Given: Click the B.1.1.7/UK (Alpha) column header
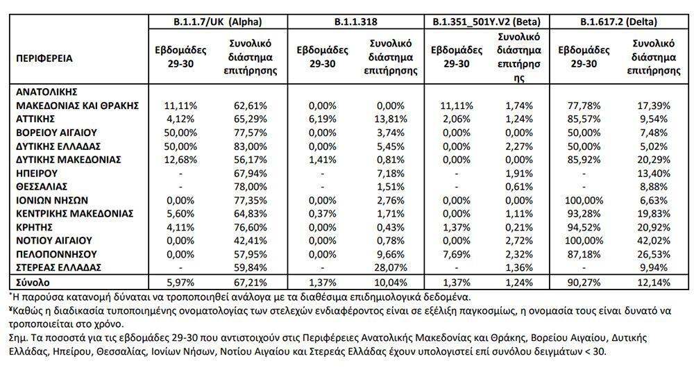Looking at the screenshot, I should click(217, 21).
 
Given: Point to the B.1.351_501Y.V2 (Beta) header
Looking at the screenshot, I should click(486, 21).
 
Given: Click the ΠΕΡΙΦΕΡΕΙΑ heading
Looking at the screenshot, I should click(44, 58).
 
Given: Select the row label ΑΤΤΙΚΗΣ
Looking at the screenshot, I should click(35, 119).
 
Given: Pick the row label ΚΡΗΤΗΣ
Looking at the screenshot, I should click(34, 226).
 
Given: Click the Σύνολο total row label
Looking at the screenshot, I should click(32, 283).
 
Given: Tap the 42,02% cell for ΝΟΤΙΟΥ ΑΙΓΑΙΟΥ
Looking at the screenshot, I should click(652, 240).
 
